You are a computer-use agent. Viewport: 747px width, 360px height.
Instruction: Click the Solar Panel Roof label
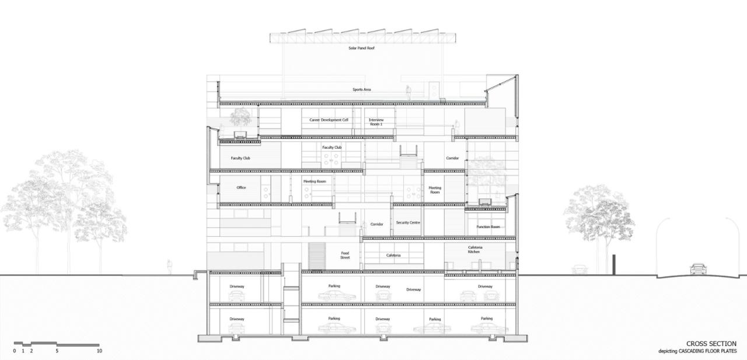coord(361,48)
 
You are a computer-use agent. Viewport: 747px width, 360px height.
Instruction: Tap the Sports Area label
coord(361,90)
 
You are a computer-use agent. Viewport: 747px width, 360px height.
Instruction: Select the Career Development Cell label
coord(329,120)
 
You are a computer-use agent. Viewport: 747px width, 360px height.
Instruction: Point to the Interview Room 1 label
coord(376,122)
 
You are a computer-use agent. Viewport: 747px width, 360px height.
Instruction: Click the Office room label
coord(241,187)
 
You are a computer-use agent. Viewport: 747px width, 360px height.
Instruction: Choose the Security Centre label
coord(408,223)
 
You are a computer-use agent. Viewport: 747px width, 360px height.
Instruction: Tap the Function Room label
coord(488,226)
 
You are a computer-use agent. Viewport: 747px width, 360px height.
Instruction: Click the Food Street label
coord(345,255)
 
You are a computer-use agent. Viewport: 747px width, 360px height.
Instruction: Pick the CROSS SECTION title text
coord(711,344)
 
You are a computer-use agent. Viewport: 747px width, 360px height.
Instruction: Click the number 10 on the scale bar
coord(99,351)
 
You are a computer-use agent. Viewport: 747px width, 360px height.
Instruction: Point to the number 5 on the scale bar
coord(57,351)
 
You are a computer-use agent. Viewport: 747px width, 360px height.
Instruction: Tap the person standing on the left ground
coord(170,267)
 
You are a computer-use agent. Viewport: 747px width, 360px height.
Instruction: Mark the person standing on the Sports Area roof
coord(409,92)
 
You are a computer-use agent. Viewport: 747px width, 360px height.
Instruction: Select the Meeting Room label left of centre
coord(314,181)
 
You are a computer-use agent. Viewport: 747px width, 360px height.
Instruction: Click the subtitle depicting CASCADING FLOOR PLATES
coord(697,351)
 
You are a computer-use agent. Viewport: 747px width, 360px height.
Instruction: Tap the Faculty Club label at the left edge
coord(240,158)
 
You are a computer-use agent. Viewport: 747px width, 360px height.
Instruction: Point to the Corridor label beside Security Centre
coord(376,224)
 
